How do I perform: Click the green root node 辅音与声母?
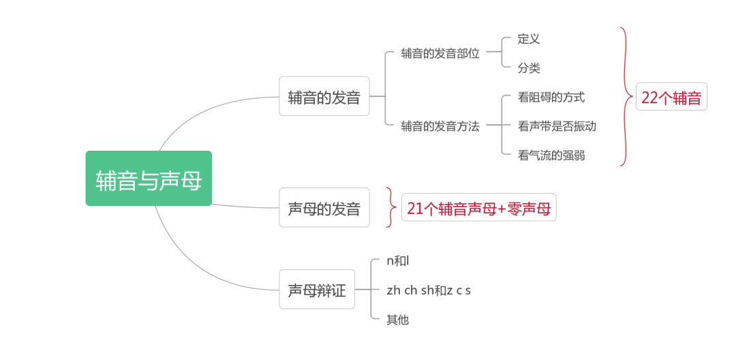149,179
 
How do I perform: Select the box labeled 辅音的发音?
324,97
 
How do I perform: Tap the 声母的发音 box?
324,208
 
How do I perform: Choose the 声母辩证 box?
317,290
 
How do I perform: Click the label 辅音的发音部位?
440,53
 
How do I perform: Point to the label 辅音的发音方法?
440,126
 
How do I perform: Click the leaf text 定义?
529,39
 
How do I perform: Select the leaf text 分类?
529,68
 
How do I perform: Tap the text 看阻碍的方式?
551,97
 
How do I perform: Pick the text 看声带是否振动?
557,126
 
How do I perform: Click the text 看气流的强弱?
551,155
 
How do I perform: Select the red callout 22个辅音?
671,97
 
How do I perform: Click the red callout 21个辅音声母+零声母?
478,208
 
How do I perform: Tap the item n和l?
397,260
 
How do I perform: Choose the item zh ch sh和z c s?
429,290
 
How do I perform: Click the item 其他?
397,319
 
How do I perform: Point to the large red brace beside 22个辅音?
625,96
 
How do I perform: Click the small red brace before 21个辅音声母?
390,207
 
